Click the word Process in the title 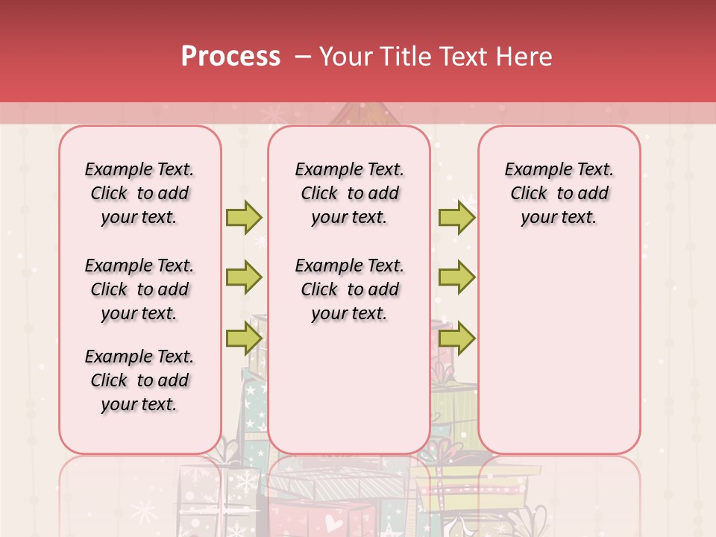pyautogui.click(x=230, y=57)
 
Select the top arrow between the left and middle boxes pyautogui.click(x=244, y=218)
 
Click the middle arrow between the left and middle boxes pyautogui.click(x=244, y=278)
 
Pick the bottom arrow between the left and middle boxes pyautogui.click(x=244, y=339)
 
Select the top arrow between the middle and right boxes pyautogui.click(x=456, y=218)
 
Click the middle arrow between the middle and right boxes pyautogui.click(x=456, y=278)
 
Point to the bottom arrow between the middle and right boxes pyautogui.click(x=456, y=339)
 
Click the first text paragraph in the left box pyautogui.click(x=139, y=193)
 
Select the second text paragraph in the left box pyautogui.click(x=139, y=289)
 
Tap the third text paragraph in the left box pyautogui.click(x=139, y=380)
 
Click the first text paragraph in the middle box pyautogui.click(x=349, y=193)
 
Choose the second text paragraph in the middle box pyautogui.click(x=349, y=289)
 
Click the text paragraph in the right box pyautogui.click(x=559, y=193)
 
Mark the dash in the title pyautogui.click(x=303, y=57)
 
